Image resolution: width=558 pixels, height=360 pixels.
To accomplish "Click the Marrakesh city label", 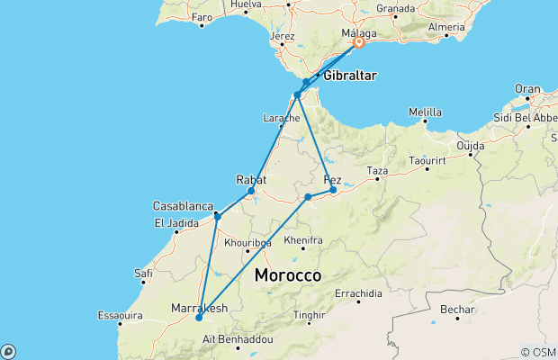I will [x=199, y=309].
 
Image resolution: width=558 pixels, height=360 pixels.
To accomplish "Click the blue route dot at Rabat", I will [x=251, y=191].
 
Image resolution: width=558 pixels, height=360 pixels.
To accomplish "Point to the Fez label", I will [x=332, y=178].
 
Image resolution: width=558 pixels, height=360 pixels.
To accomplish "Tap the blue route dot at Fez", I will [x=333, y=190].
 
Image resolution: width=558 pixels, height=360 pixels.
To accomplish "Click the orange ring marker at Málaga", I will [x=358, y=42].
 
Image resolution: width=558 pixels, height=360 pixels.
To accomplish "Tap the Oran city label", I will [x=526, y=88].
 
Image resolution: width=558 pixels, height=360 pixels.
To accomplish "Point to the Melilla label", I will [x=425, y=113].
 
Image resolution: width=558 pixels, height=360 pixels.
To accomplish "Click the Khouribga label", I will [x=247, y=242].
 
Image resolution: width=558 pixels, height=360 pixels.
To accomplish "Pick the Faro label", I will [x=202, y=17].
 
